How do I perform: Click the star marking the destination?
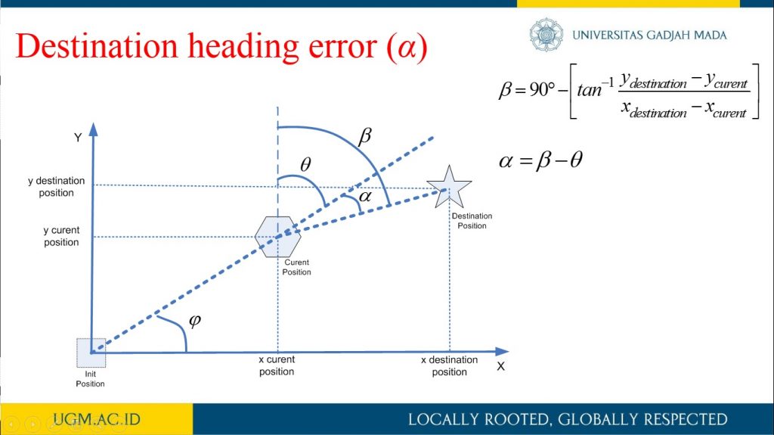tap(449, 188)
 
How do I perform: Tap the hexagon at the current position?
tap(278, 237)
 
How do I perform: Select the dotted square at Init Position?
tap(91, 353)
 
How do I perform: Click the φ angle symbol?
tap(195, 321)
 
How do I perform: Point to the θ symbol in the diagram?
tap(305, 164)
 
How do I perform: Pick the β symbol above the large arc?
tap(364, 135)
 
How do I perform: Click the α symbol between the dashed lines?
tap(365, 197)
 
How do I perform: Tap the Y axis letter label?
tap(78, 138)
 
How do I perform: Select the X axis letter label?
tap(501, 366)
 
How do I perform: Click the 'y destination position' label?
tap(56, 187)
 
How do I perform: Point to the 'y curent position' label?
tap(61, 236)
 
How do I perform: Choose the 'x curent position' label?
tap(277, 365)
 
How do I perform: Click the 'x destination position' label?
tap(449, 366)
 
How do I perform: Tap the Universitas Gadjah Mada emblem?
tap(546, 35)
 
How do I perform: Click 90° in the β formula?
tap(543, 89)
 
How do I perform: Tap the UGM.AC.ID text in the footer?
tap(97, 419)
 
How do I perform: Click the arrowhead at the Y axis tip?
tap(93, 129)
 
